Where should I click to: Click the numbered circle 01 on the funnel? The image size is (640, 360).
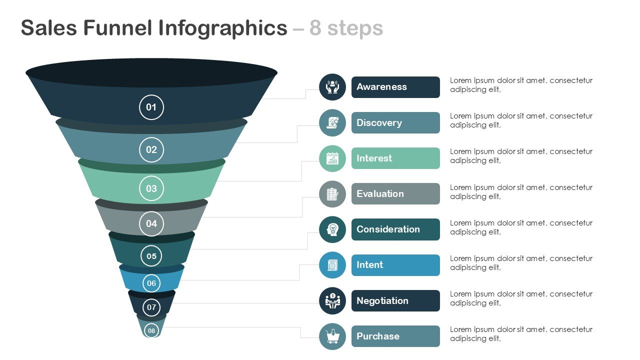[x=151, y=107]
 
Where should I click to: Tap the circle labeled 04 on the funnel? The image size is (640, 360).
[x=151, y=223]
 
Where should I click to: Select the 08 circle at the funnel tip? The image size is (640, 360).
[x=151, y=330]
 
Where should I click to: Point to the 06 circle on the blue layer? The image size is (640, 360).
[x=151, y=283]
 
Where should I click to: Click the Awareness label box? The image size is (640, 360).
[x=395, y=87]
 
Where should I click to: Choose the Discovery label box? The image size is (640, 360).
[x=395, y=122]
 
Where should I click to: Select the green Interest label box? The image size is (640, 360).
[x=395, y=158]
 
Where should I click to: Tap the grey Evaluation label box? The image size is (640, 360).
[x=395, y=193]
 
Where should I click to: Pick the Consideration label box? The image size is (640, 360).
[x=395, y=229]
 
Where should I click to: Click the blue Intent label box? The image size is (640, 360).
[x=395, y=265]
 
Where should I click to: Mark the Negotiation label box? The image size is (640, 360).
[x=395, y=300]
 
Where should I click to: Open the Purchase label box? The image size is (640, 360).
[x=395, y=336]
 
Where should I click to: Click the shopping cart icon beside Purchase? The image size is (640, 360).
[x=332, y=336]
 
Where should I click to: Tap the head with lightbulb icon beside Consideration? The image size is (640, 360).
[x=332, y=229]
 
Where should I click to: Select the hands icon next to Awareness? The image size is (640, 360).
[x=332, y=87]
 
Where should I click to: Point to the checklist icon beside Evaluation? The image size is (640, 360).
[x=332, y=194]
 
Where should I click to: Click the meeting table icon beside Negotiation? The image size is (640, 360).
[x=332, y=301]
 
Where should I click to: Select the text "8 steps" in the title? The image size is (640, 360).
[x=346, y=28]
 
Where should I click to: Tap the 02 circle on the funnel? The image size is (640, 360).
[x=151, y=149]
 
